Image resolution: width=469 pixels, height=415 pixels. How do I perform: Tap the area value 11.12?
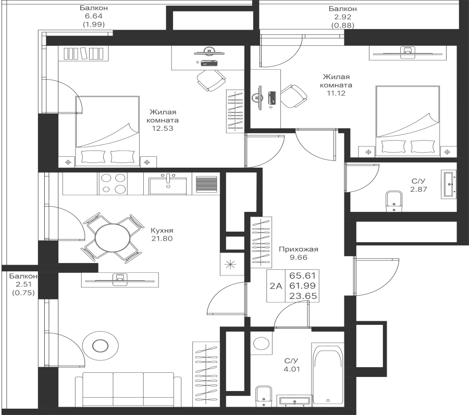(336, 93)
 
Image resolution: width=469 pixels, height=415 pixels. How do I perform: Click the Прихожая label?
(298, 249)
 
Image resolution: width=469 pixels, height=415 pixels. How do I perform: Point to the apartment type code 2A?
(276, 285)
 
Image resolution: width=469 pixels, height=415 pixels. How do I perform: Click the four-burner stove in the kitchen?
(113, 183)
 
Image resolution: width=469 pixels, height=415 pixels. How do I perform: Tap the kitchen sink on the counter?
(168, 184)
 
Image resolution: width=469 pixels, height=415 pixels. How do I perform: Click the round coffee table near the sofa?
(101, 344)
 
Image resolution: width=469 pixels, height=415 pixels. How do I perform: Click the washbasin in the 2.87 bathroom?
(449, 184)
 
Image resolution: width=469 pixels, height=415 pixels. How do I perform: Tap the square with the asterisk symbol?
(229, 263)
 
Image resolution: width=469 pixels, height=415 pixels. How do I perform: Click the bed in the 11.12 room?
(408, 120)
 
